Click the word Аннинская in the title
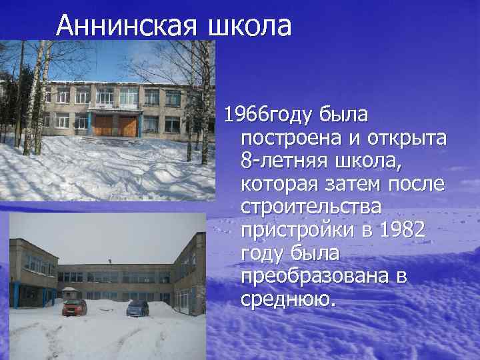click(x=127, y=26)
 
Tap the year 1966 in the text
click(x=245, y=115)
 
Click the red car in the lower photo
click(x=74, y=307)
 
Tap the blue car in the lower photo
click(x=137, y=307)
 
